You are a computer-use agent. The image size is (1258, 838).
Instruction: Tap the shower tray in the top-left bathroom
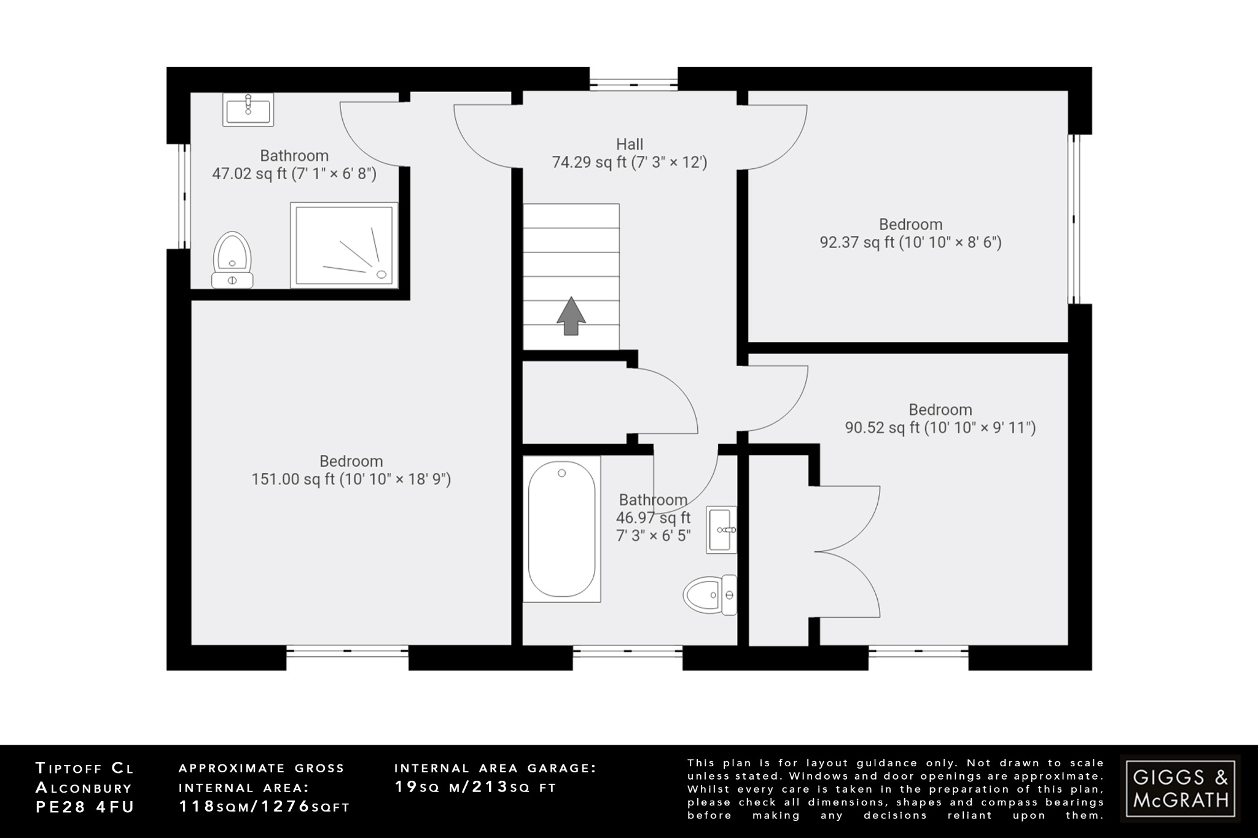(x=344, y=244)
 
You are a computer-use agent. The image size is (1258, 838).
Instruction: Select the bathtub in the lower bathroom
(x=561, y=529)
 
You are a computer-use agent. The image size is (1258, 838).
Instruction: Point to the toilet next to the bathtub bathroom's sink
(x=710, y=595)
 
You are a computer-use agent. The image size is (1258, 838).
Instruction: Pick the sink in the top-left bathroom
(x=248, y=111)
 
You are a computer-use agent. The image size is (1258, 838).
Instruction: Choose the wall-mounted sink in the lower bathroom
(x=721, y=529)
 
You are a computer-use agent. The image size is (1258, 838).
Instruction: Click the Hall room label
(x=630, y=144)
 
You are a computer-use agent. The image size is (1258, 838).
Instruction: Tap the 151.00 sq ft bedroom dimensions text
(x=351, y=479)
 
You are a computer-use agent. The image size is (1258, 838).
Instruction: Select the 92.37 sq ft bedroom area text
(x=910, y=242)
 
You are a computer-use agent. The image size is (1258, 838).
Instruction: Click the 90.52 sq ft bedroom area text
(x=940, y=428)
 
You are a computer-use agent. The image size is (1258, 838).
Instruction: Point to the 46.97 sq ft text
(x=653, y=518)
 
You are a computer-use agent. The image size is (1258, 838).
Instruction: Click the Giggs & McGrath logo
(x=1180, y=788)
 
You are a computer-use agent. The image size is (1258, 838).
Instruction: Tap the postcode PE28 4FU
(x=85, y=807)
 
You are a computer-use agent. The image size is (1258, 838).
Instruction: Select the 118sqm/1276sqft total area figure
(x=264, y=807)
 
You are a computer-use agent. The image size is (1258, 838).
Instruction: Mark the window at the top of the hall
(x=633, y=80)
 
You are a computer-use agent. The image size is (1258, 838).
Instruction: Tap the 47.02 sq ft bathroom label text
(x=294, y=174)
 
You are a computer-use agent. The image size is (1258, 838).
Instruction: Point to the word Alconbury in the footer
(x=84, y=787)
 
